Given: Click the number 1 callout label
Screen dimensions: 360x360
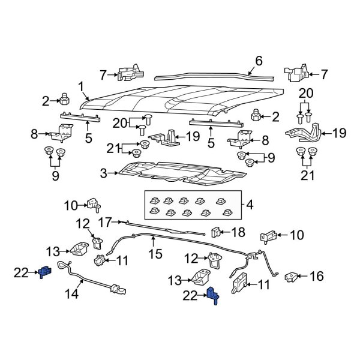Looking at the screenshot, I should click(80, 85).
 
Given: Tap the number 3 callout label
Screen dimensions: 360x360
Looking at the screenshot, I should click(103, 173).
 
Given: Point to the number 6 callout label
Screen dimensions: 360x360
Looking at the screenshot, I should click(259, 61).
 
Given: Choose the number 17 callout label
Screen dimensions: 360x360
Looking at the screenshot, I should click(103, 221).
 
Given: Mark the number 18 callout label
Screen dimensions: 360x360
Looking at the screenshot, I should click(238, 232).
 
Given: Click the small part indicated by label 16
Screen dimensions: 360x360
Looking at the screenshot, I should click(290, 277).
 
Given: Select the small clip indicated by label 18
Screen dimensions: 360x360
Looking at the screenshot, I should click(217, 231).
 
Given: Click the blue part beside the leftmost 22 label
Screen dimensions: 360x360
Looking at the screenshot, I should click(44, 272).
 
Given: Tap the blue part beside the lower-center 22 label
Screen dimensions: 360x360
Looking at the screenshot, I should click(212, 296).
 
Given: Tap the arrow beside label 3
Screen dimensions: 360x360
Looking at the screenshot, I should click(113, 173).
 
